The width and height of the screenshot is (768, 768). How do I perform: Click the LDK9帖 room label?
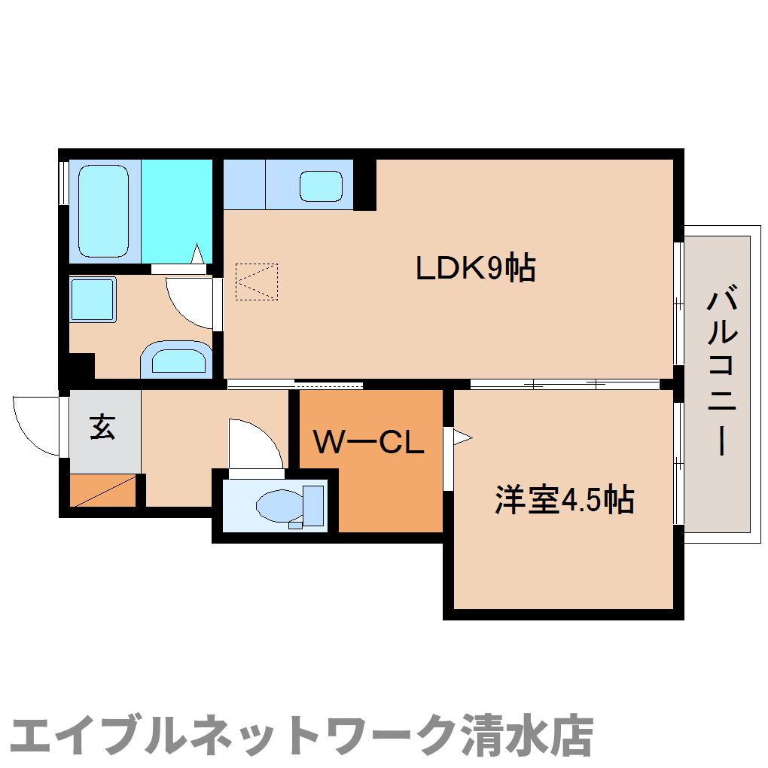click(x=475, y=267)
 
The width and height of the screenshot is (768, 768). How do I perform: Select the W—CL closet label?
click(x=369, y=443)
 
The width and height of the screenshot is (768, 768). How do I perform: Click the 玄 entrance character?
click(x=102, y=427)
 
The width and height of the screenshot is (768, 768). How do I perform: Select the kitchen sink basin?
click(x=322, y=184)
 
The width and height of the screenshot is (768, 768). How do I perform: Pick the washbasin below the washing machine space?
click(x=177, y=359)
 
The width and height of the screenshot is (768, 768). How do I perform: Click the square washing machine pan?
click(x=93, y=300)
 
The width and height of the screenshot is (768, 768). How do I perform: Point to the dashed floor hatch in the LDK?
click(x=256, y=281)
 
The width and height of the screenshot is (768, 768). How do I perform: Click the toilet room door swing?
click(x=254, y=444)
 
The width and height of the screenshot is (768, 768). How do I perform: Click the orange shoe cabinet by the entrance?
click(x=103, y=490)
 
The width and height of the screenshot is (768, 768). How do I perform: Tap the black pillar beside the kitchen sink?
click(x=365, y=184)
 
